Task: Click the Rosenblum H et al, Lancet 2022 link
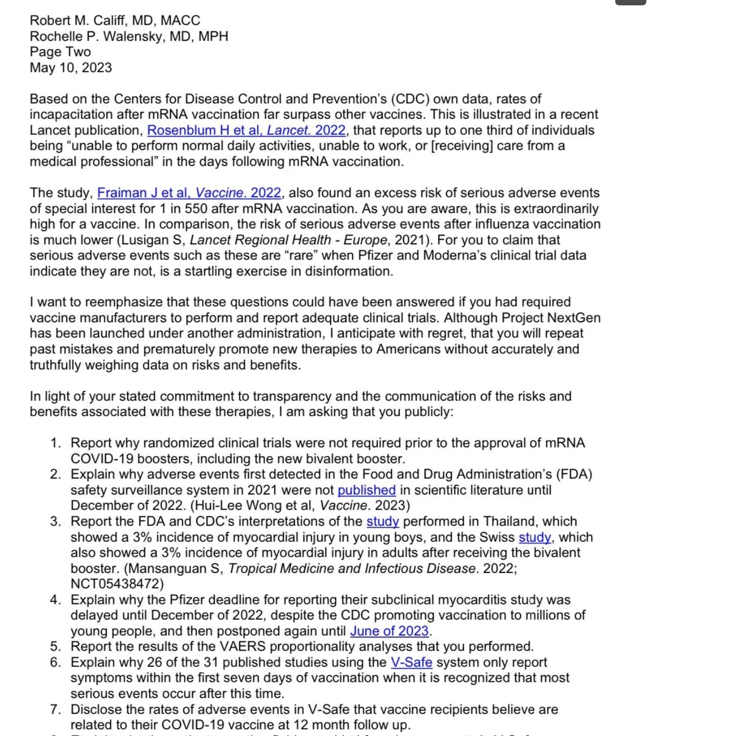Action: click(x=246, y=130)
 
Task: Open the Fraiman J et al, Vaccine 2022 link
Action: click(x=189, y=193)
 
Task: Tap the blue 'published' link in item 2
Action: click(x=367, y=490)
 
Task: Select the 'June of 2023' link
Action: click(x=389, y=631)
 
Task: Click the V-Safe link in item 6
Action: click(x=411, y=662)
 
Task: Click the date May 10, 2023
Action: click(x=71, y=68)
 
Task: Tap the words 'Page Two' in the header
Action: click(x=60, y=52)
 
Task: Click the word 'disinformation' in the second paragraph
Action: click(x=348, y=271)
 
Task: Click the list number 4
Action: click(x=56, y=600)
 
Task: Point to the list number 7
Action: click(x=56, y=709)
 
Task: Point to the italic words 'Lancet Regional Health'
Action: click(x=260, y=240)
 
